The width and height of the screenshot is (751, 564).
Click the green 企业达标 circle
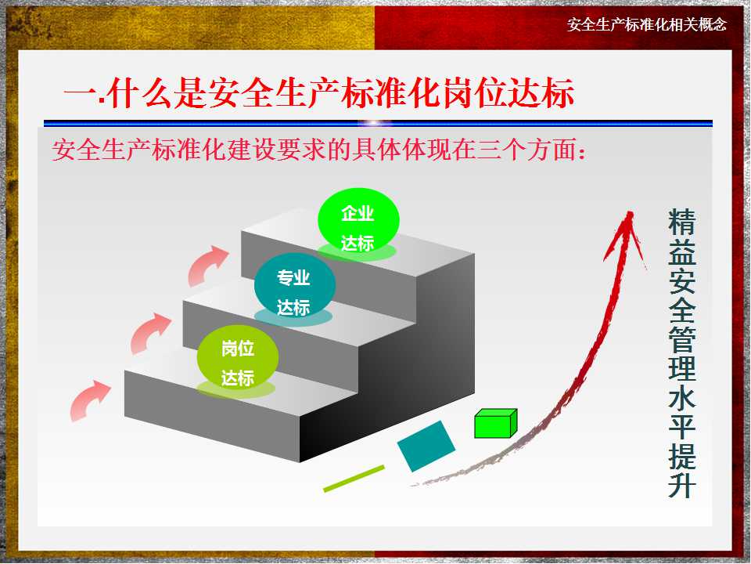pos(358,219)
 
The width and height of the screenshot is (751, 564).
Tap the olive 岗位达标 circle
pos(236,356)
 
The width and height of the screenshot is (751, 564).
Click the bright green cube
pos(494,423)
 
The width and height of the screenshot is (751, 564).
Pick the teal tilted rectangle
pos(426,446)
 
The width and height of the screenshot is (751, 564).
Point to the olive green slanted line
pos(354,479)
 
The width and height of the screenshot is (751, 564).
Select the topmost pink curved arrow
pos(207,265)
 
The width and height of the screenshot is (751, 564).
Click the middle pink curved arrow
pos(149,332)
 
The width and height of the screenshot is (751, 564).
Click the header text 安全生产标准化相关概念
pos(646,24)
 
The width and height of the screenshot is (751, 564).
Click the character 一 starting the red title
pos(78,96)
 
